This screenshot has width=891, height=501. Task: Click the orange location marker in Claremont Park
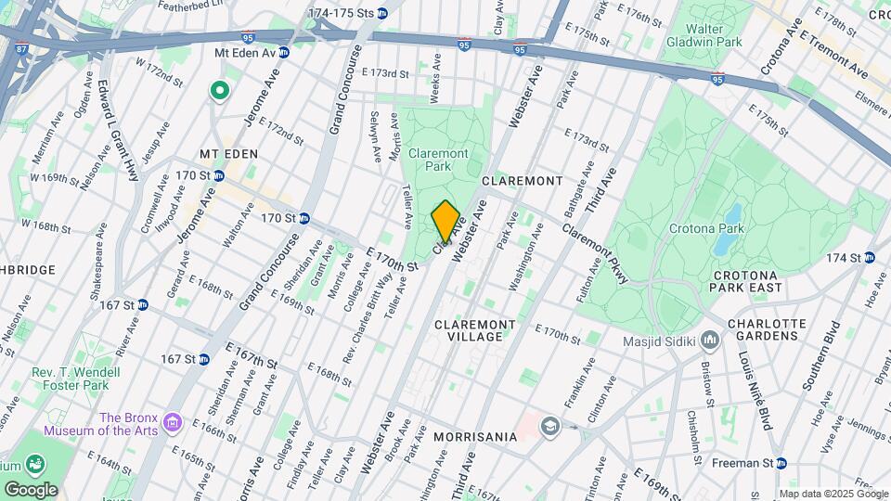click(x=445, y=221)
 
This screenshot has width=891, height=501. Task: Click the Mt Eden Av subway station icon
click(x=285, y=53)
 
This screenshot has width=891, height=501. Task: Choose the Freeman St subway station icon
click(x=781, y=463)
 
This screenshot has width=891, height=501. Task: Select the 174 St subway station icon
click(x=870, y=257)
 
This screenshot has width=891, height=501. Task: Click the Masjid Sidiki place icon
click(x=711, y=340)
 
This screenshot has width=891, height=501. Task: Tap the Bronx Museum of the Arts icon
click(x=172, y=424)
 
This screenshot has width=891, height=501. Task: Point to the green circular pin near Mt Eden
click(x=220, y=90)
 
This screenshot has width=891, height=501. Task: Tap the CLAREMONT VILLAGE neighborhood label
click(x=475, y=330)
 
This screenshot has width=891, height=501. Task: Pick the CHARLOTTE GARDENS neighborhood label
click(x=753, y=330)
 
